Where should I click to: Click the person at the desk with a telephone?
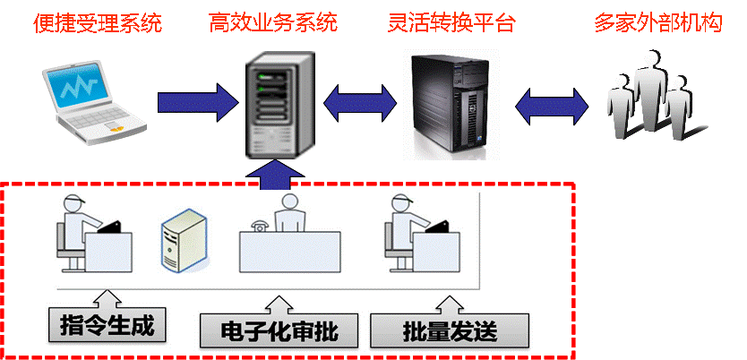coord(290,215)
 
